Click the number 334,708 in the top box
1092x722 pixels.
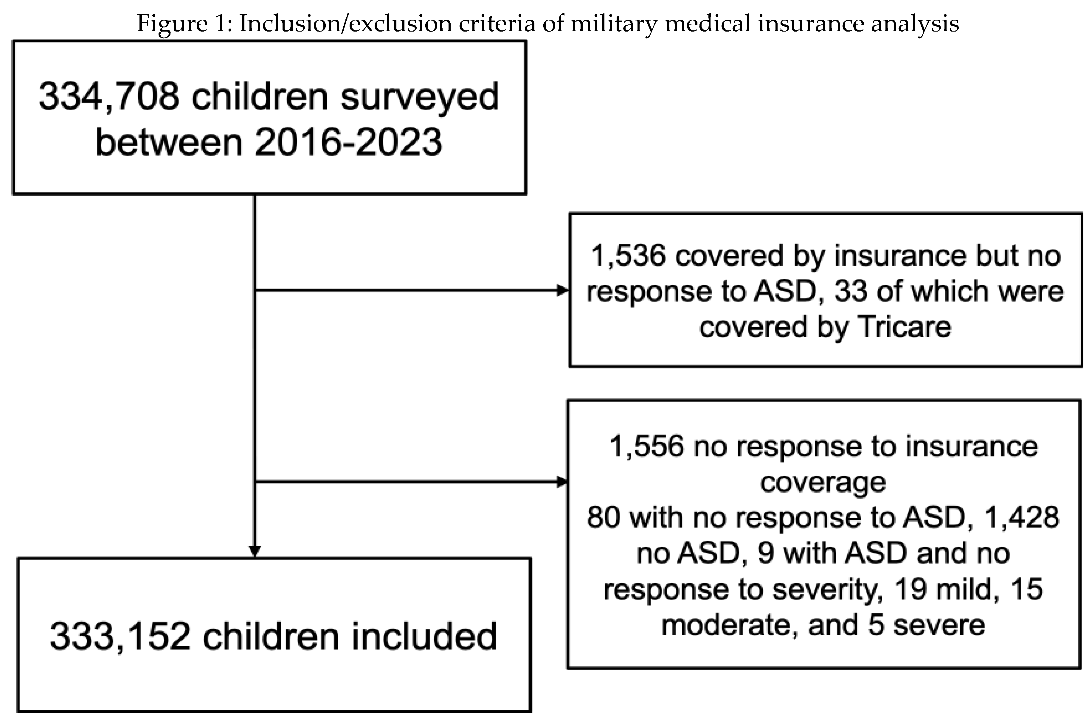[x=109, y=97]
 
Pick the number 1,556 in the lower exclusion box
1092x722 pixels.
[x=646, y=447]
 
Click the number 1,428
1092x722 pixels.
[x=1021, y=518]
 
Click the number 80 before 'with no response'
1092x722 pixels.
[x=603, y=518]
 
